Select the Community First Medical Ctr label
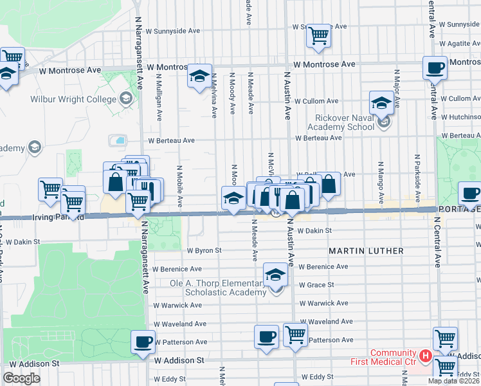coord(392,357)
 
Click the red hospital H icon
coord(424,355)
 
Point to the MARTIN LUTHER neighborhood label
coord(367,250)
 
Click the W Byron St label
coord(204,250)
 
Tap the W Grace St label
coord(316,284)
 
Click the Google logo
coord(21,378)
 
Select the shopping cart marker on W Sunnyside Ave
coord(318,36)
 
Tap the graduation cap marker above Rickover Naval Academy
coord(381,102)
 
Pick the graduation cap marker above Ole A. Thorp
coord(275,275)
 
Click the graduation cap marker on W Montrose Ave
coord(199,77)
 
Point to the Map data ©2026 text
coord(453,381)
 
